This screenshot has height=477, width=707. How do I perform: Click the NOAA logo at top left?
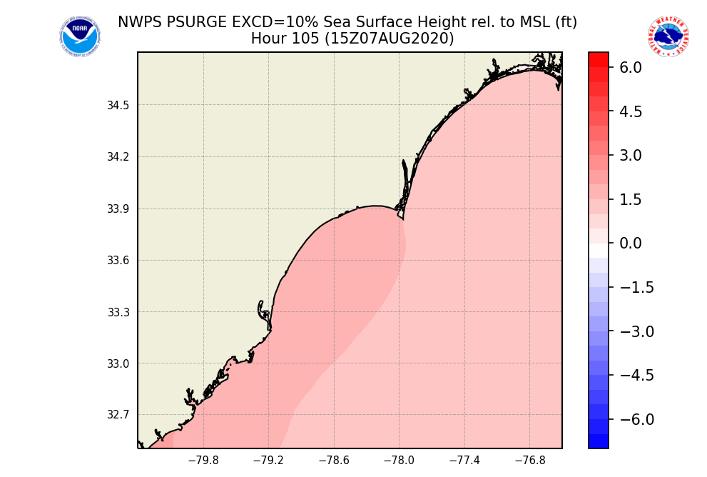tap(79, 36)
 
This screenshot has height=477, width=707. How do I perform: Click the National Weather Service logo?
tap(668, 36)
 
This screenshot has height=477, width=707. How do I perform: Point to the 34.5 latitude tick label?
tap(118, 106)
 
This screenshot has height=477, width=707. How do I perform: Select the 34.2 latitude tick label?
tap(118, 157)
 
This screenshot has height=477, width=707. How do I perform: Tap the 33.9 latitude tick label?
tap(118, 209)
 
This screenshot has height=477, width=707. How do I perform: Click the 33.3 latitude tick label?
tap(118, 312)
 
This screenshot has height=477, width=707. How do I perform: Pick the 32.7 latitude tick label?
tap(118, 415)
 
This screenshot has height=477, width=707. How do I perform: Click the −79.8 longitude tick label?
tap(203, 461)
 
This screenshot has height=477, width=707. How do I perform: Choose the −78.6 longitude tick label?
tap(334, 461)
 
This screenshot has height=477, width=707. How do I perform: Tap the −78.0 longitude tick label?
tap(399, 461)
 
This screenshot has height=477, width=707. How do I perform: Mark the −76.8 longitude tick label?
tap(530, 461)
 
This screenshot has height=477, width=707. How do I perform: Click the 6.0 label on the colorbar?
tap(631, 68)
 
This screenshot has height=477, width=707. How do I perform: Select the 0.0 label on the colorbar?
tap(631, 243)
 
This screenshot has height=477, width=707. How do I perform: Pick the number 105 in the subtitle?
tap(303, 39)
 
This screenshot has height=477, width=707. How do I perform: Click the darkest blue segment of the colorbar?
tap(598, 441)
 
